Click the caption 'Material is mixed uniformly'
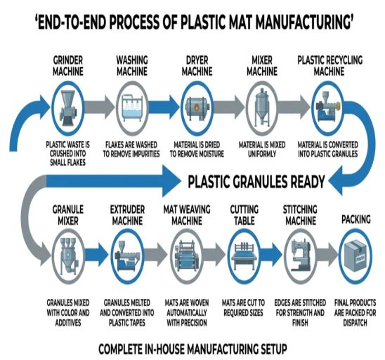tap(261, 149)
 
